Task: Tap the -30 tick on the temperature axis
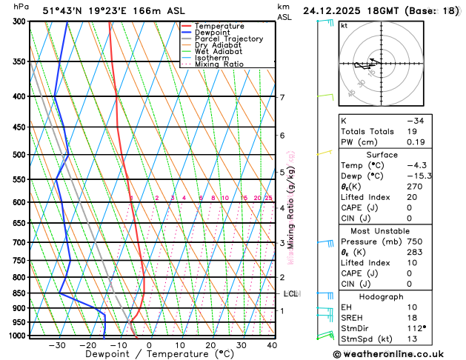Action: (x=57, y=345)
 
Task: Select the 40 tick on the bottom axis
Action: (x=272, y=345)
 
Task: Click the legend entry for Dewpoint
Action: (x=212, y=33)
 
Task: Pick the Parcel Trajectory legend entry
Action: (x=228, y=39)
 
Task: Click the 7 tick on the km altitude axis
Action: (x=282, y=97)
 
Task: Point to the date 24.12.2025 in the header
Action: (x=336, y=11)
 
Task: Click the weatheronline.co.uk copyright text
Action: (x=397, y=354)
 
